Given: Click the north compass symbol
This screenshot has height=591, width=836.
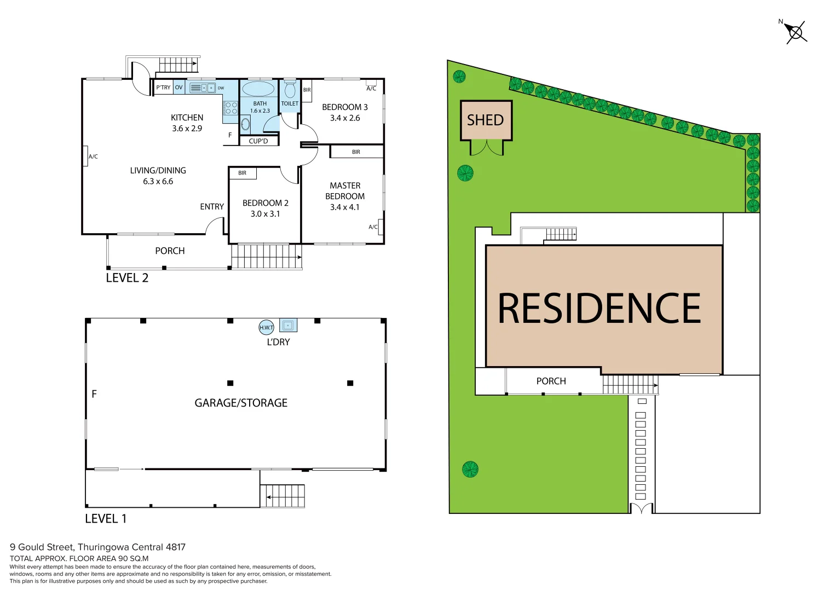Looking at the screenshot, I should click(795, 32).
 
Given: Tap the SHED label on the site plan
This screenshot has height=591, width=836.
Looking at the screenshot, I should click(485, 120).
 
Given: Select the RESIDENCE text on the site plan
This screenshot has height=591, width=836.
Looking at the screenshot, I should click(599, 308).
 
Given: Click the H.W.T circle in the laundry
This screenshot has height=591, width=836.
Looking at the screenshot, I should click(266, 327).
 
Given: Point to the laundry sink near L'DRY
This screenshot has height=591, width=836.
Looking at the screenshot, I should click(288, 326).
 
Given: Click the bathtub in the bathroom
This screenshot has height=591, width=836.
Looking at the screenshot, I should click(258, 89).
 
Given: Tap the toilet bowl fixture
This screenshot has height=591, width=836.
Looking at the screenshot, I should click(290, 90).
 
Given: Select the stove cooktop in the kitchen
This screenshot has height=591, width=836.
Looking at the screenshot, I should click(231, 108).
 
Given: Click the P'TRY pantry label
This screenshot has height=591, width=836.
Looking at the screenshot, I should click(163, 88).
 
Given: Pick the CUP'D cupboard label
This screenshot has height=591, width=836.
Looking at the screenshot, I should click(258, 141).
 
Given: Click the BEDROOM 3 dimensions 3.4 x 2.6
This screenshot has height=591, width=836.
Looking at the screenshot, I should click(345, 118).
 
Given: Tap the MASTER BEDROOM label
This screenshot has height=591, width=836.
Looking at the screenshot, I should click(345, 191).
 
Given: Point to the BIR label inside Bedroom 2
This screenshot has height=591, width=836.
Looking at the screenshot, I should click(243, 173).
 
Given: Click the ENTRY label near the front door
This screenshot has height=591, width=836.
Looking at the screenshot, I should click(212, 207).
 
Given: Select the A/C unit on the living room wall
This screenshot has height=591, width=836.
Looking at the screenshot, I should click(86, 157).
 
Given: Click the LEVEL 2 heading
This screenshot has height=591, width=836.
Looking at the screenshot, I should click(127, 278).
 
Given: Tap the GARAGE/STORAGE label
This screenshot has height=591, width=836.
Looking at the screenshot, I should click(241, 403).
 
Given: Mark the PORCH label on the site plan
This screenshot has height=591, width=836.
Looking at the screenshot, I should click(551, 381).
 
